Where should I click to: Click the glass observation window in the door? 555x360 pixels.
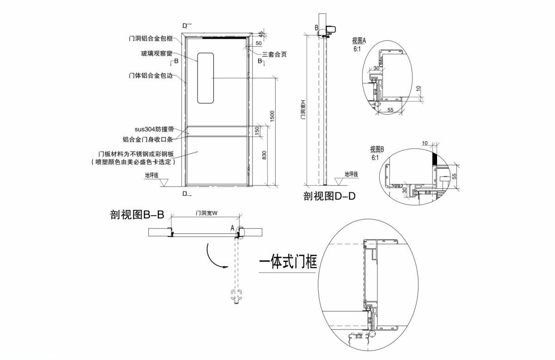[x=206, y=78]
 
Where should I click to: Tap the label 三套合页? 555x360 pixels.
[x=274, y=54]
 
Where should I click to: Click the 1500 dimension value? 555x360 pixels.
[x=272, y=116]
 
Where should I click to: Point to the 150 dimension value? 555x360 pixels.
[x=257, y=132]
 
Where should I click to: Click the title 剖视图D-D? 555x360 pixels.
[x=329, y=197]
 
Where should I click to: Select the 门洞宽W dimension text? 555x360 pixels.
[x=206, y=213]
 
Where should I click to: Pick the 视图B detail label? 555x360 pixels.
[x=377, y=149]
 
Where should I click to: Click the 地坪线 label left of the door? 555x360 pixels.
[x=152, y=175]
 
